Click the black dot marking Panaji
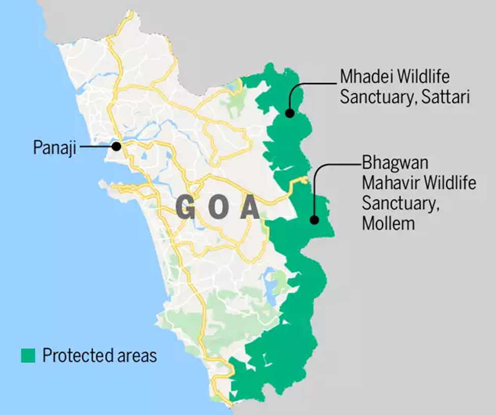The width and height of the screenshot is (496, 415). click(116, 146)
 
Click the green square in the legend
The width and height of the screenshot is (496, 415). click(28, 355)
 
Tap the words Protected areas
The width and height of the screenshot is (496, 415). click(100, 355)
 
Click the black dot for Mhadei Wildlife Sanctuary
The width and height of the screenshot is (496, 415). click(289, 113)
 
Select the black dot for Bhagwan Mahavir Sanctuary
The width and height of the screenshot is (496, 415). click(314, 220)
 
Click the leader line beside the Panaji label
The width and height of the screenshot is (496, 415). click(96, 147)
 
